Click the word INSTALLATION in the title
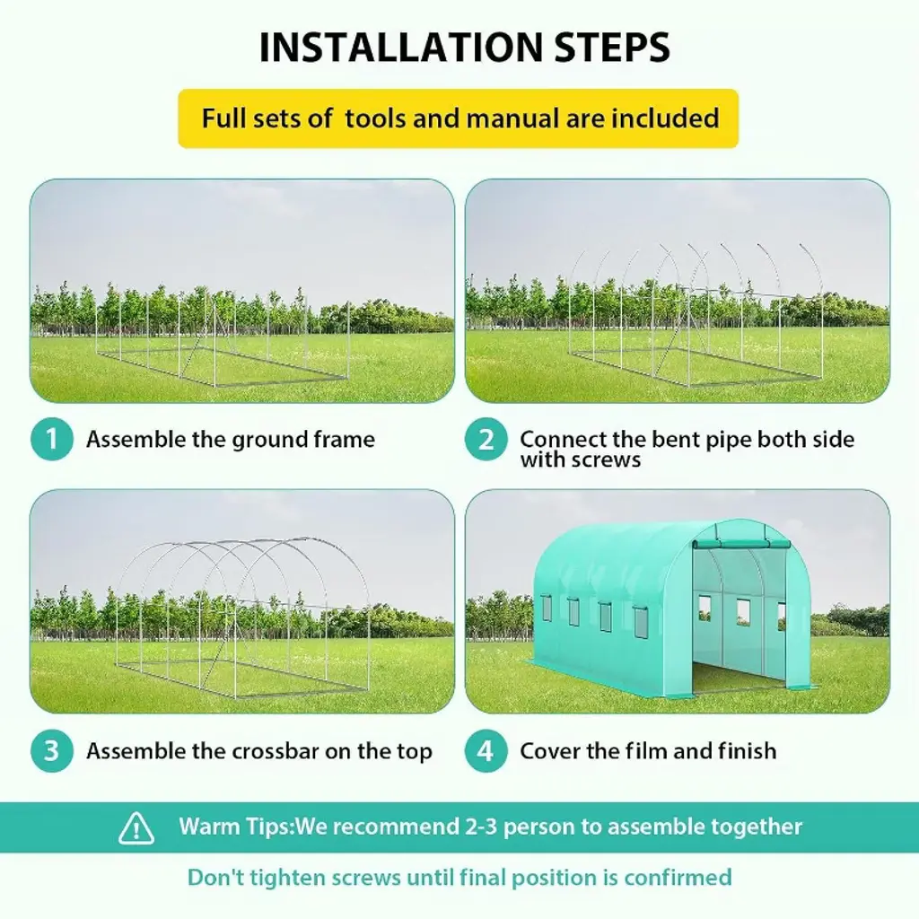[401, 47]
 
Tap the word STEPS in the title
[612, 47]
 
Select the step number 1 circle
[51, 439]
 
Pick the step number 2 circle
[486, 439]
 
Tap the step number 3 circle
[51, 751]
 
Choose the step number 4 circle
[486, 751]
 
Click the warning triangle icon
[136, 827]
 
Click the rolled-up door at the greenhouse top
[741, 545]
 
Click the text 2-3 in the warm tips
[481, 827]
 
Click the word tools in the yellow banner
[375, 118]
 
